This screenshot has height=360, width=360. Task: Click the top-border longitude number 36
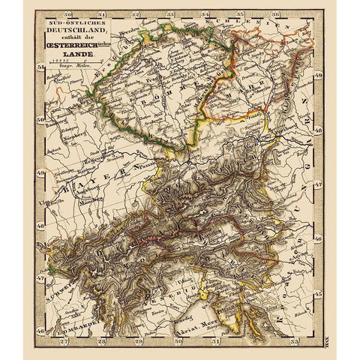click(x=276, y=14)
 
